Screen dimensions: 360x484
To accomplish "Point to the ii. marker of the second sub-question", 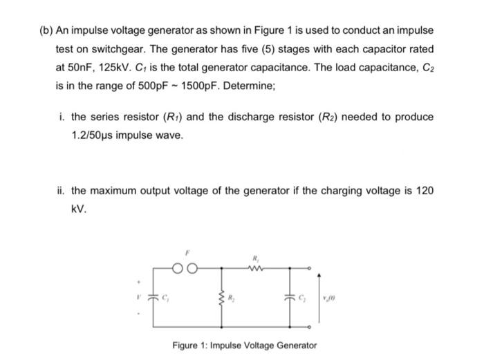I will pos(61,190).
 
